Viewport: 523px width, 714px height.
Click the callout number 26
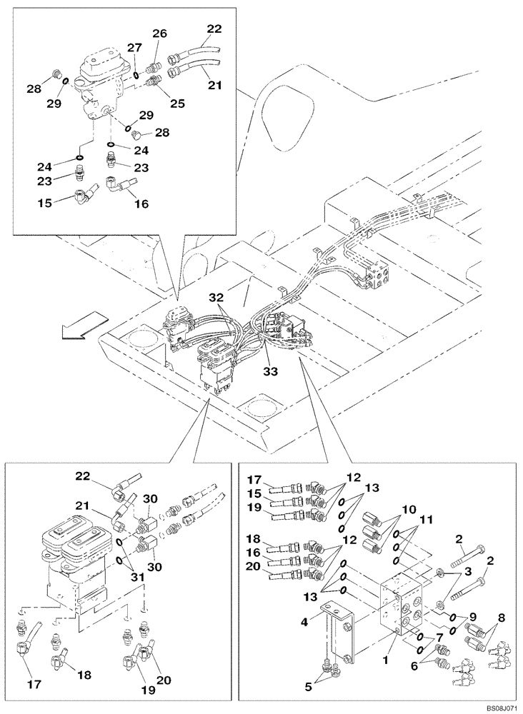pos(159,34)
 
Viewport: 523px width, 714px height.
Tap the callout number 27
pos(134,49)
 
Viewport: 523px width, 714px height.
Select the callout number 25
pos(177,103)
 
